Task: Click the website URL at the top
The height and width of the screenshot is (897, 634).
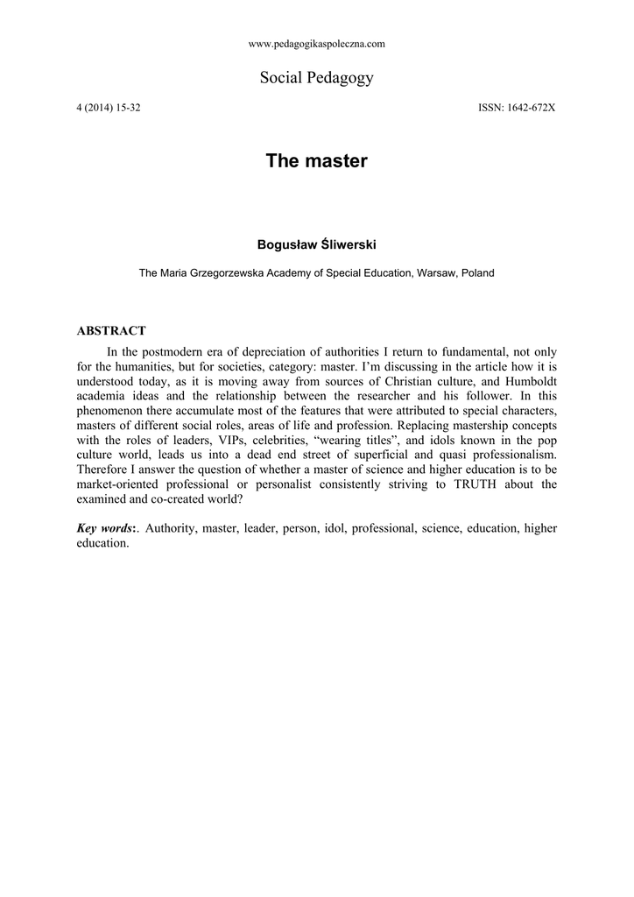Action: [317, 43]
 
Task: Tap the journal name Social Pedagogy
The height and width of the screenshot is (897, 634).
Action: [317, 78]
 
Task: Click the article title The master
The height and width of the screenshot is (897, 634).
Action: [317, 161]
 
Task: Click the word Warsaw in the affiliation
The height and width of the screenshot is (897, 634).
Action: [437, 273]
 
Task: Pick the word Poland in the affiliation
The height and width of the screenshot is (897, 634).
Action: [478, 273]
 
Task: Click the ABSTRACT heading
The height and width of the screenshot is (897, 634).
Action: [111, 331]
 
